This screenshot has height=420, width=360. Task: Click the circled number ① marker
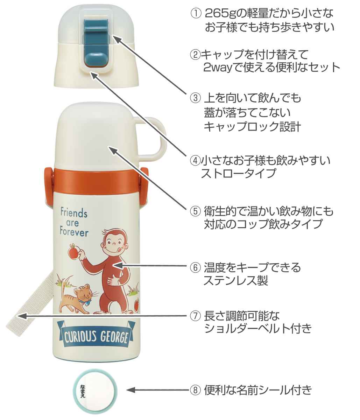(196, 14)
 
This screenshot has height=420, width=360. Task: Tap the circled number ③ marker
(195, 98)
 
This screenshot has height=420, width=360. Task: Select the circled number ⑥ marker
(195, 267)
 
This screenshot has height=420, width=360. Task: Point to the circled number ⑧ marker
(195, 390)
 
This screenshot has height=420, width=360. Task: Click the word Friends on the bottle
(74, 212)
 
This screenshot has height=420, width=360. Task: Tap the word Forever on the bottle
(74, 232)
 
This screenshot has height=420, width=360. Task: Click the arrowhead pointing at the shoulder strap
(22, 316)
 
